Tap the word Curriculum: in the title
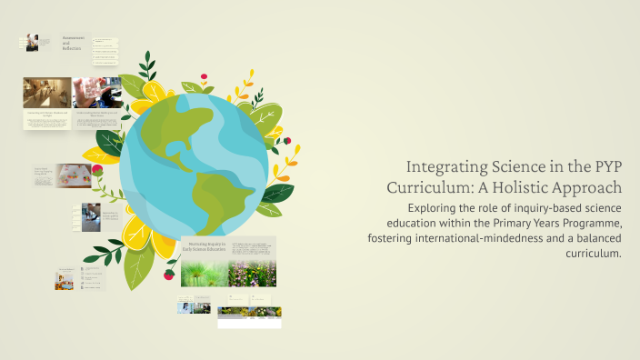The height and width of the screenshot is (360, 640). coord(428,188)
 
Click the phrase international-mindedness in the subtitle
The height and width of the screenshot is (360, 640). coord(467,238)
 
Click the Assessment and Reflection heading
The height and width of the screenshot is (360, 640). coord(74,43)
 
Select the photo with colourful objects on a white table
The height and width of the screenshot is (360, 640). coord(74,175)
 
